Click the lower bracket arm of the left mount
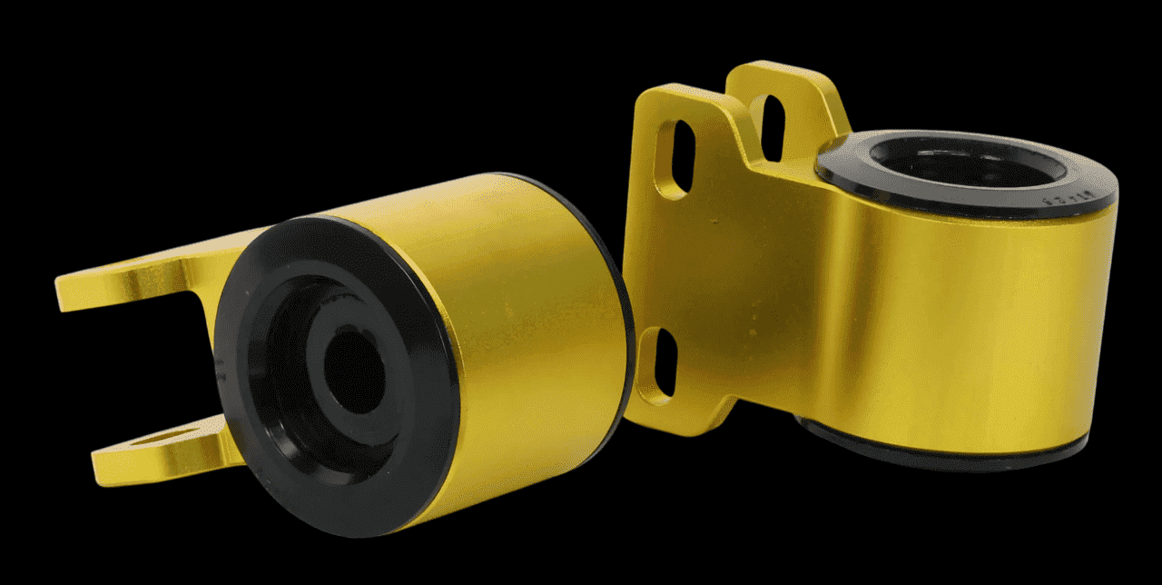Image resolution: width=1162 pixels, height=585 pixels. [x=154, y=454]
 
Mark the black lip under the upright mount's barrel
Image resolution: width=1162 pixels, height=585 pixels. [x=953, y=460]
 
